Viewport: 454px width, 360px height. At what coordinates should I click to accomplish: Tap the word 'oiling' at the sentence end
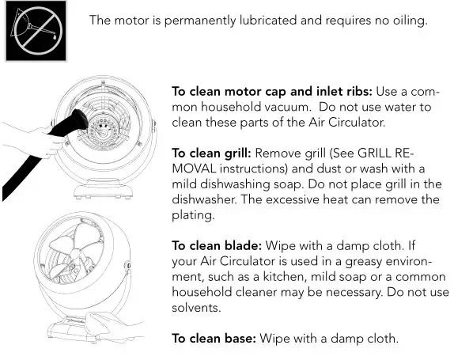tap(408, 21)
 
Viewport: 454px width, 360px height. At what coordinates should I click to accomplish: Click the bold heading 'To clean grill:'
tap(212, 153)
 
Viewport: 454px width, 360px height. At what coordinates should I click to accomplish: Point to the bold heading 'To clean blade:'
tap(215, 245)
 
